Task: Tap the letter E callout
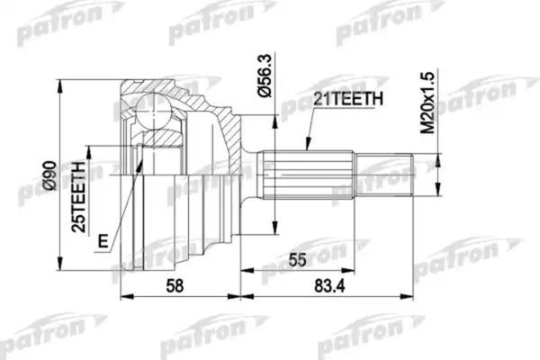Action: click(x=105, y=241)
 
